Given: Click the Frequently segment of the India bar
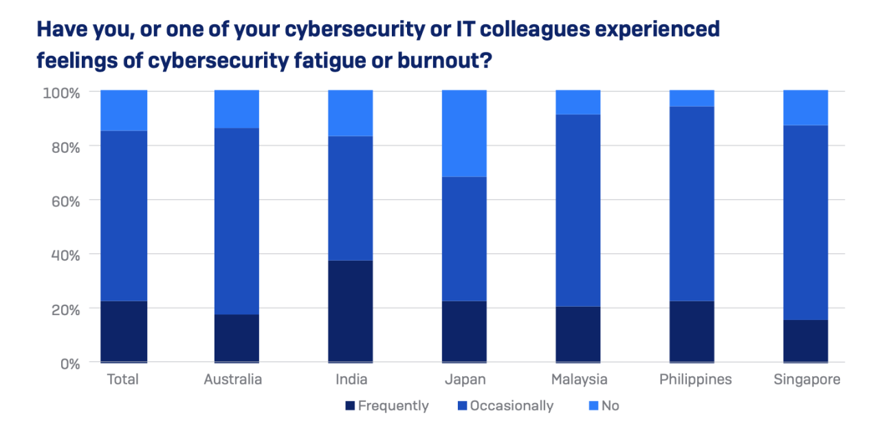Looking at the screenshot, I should (x=351, y=311).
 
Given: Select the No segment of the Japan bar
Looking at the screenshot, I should (x=464, y=133).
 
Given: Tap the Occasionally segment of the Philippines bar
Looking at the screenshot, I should (x=692, y=204).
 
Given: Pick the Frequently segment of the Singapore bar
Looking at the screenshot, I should (x=805, y=341).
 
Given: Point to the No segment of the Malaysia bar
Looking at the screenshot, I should (x=578, y=102).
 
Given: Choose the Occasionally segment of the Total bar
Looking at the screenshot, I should (x=124, y=215).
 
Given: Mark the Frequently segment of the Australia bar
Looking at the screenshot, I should (x=236, y=338).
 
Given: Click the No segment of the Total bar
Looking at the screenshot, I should (x=124, y=110).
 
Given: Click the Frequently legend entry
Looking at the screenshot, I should (x=386, y=406).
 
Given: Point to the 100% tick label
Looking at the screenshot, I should (x=62, y=92).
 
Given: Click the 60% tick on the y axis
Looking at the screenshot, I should (x=65, y=201).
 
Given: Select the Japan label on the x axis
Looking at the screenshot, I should (x=465, y=380).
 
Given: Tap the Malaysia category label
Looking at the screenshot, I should (x=579, y=380).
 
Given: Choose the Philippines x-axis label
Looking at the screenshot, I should (x=695, y=380).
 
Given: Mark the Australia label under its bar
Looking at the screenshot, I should (x=233, y=380).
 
